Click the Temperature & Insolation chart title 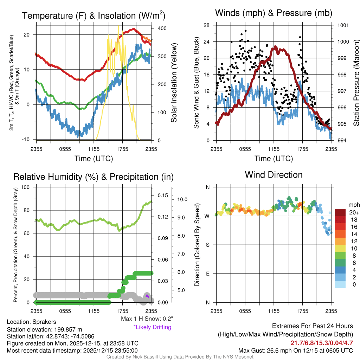(x=94, y=16)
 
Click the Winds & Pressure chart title (x=274, y=13)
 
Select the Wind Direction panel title (x=274, y=175)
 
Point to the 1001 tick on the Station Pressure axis (x=343, y=25)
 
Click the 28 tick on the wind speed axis (x=207, y=25)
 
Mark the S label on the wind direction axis (x=208, y=245)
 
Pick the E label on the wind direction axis (x=208, y=274)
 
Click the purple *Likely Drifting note (x=152, y=327)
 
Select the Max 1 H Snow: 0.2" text (x=146, y=319)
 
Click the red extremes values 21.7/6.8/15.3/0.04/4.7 (x=321, y=343)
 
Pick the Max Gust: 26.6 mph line (x=295, y=350)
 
